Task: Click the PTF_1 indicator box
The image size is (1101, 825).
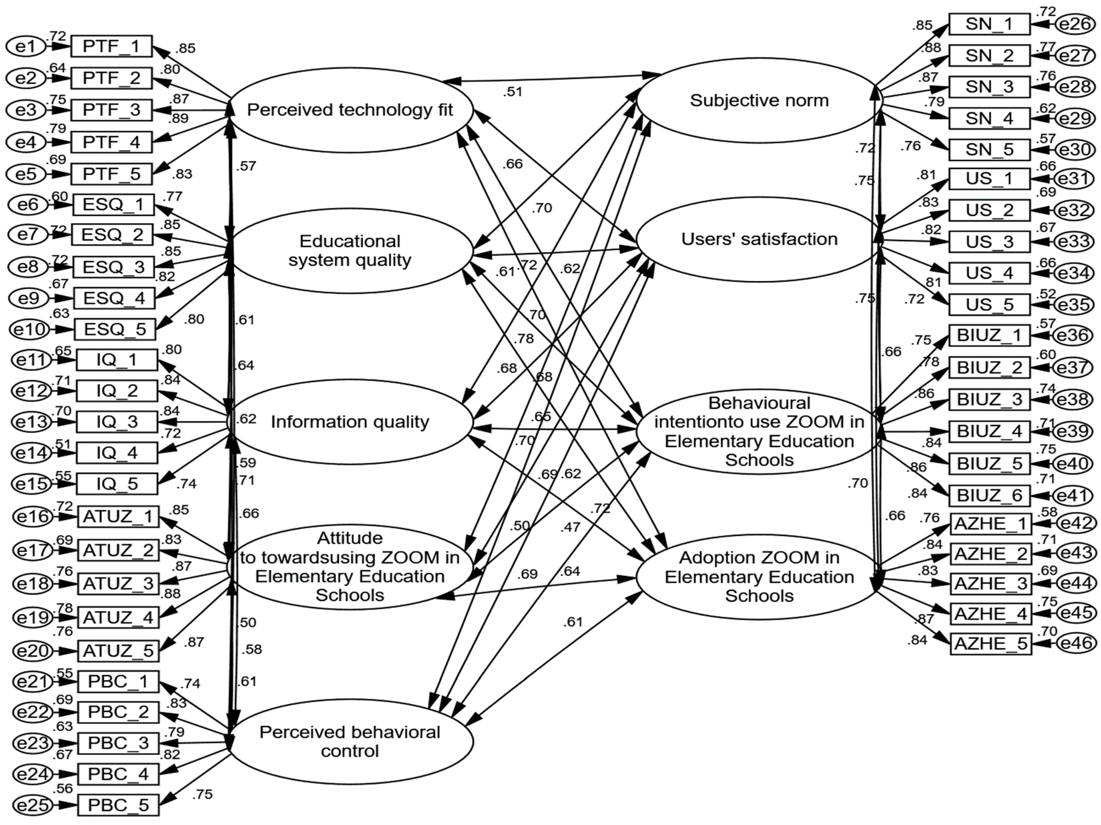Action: [112, 46]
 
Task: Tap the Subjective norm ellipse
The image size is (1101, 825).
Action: [759, 101]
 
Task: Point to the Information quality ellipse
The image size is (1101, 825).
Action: [350, 422]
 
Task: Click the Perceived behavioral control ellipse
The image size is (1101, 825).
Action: [350, 742]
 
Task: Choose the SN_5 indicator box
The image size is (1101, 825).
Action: [989, 150]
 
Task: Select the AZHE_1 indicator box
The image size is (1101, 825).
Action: [990, 524]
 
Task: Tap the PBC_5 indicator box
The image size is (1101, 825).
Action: [118, 805]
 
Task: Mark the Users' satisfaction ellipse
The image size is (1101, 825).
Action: [759, 239]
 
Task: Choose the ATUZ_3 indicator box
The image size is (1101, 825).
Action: [118, 583]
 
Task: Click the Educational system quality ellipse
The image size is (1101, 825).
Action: [350, 251]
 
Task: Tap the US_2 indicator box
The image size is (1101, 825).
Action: [989, 210]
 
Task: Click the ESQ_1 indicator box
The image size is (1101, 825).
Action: [114, 204]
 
